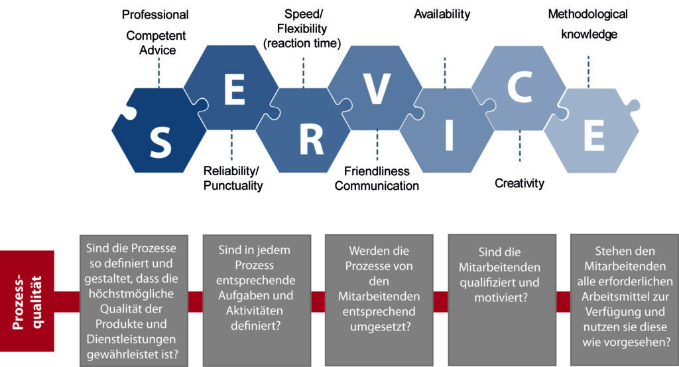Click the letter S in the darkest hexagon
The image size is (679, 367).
[x=160, y=141]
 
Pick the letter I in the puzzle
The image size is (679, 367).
[x=449, y=136]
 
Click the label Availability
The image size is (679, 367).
[x=442, y=13]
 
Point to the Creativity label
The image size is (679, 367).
[x=519, y=183]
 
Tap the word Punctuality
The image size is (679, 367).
[x=232, y=186]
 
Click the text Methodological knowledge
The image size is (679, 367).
[x=588, y=24]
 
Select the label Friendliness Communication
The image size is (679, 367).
[x=377, y=179]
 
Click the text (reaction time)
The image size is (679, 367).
[x=302, y=44]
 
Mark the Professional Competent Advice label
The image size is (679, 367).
[x=156, y=33]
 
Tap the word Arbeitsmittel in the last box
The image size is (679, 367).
[x=625, y=297]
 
